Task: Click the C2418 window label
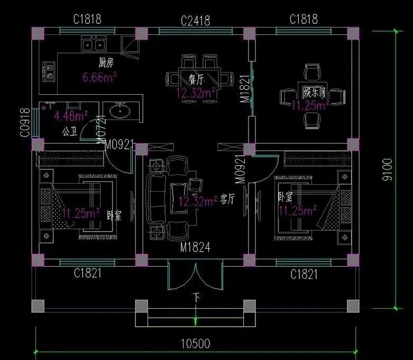(x=195, y=21)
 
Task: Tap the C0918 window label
(x=24, y=122)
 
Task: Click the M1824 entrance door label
(x=196, y=247)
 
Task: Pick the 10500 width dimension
(x=196, y=344)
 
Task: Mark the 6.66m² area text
(x=99, y=78)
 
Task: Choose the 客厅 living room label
(x=227, y=199)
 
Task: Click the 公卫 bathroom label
(x=70, y=130)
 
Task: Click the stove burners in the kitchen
(x=49, y=71)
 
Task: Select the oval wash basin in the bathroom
(x=122, y=111)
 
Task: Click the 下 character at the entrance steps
(x=196, y=298)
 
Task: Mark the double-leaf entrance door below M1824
(x=196, y=275)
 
